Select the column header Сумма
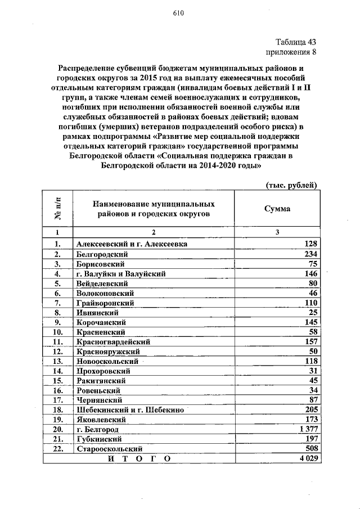(277, 208)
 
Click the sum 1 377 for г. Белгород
(308, 429)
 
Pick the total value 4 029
(308, 459)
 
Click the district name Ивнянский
(96, 312)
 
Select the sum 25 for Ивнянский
(313, 312)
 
